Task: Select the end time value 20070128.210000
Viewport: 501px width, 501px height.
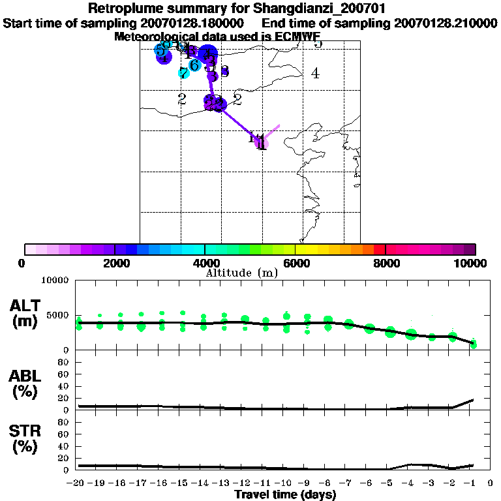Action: point(446,23)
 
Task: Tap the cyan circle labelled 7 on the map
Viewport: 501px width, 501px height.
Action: point(184,73)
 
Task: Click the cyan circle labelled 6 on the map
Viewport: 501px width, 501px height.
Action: point(194,65)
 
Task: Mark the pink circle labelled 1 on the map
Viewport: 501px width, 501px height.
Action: point(261,142)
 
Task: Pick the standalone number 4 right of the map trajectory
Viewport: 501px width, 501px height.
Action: point(315,74)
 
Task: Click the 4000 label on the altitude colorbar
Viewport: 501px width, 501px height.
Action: point(205,263)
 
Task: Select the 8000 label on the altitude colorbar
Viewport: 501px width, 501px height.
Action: point(386,263)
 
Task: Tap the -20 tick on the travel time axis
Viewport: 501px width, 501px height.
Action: point(78,483)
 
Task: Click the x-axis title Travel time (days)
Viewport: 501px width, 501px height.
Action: point(285,495)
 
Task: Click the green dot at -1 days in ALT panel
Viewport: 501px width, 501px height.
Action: point(474,344)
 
